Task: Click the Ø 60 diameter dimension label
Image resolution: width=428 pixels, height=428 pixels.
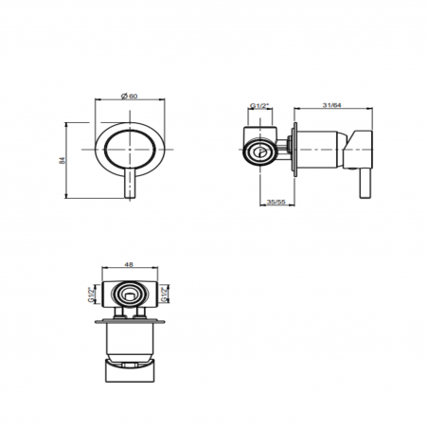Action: click(130, 96)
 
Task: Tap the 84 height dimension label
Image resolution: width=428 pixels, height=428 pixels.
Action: click(62, 160)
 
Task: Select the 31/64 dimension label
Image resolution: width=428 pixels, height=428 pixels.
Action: click(332, 105)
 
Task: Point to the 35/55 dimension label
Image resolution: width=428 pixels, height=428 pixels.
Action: click(276, 202)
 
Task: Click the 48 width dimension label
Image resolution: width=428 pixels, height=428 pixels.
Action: click(129, 264)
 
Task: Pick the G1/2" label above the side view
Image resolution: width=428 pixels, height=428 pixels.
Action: click(259, 105)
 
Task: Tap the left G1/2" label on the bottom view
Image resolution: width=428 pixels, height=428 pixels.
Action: click(91, 294)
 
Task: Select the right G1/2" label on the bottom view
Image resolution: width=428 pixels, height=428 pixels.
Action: click(164, 294)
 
